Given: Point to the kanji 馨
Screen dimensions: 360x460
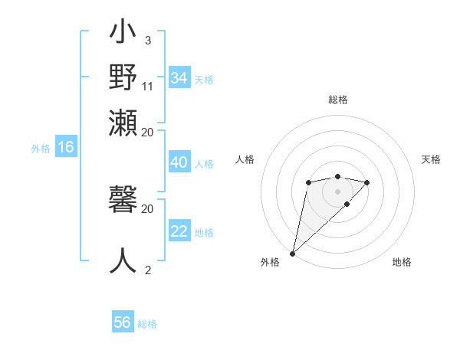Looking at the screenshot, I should click(x=123, y=201).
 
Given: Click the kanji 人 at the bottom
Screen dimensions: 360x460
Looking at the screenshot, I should click(x=123, y=260).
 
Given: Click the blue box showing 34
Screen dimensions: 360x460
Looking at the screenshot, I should click(x=179, y=78).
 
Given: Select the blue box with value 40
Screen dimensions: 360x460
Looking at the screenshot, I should click(x=179, y=162).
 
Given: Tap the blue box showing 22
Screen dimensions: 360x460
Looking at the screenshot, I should click(x=179, y=231).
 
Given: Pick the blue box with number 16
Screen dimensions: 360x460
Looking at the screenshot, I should click(x=66, y=147).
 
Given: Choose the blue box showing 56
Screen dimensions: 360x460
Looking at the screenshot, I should click(x=123, y=322).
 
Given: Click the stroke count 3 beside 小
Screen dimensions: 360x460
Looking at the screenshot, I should click(x=147, y=41).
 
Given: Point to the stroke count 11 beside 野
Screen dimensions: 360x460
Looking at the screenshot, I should click(x=148, y=85).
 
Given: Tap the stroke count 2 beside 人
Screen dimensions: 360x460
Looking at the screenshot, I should click(x=148, y=269).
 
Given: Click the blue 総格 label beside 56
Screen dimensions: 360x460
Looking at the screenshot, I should click(x=147, y=324).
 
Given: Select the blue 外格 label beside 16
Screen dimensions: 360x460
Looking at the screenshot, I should click(x=41, y=149).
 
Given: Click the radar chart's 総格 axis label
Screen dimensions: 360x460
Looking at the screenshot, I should click(x=337, y=100).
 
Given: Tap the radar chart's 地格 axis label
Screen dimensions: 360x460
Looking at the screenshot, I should click(x=402, y=262).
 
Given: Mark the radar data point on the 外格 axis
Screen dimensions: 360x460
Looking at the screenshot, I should click(x=292, y=253).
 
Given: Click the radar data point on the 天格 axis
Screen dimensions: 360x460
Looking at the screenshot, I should click(x=367, y=182).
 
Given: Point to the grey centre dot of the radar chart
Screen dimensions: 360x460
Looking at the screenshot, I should click(x=337, y=191).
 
